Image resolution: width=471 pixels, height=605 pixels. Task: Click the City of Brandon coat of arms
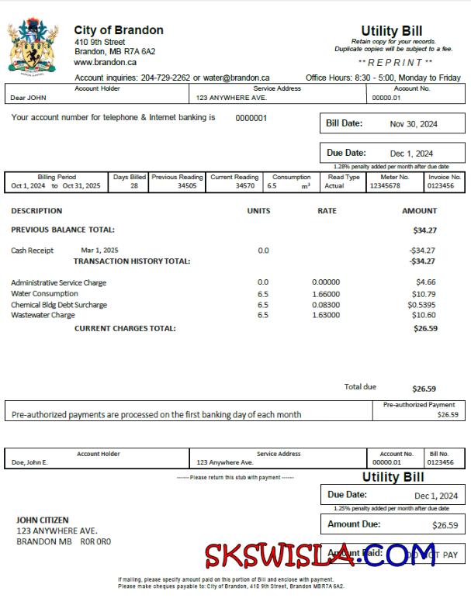pyautogui.click(x=33, y=47)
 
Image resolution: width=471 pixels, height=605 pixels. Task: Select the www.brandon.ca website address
pyautogui.click(x=106, y=62)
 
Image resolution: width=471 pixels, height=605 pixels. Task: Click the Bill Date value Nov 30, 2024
pyautogui.click(x=414, y=124)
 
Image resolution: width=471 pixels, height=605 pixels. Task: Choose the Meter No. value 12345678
pyautogui.click(x=385, y=186)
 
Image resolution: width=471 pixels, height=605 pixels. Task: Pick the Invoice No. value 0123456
pyautogui.click(x=445, y=186)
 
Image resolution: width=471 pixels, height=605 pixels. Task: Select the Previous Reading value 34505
pyautogui.click(x=187, y=186)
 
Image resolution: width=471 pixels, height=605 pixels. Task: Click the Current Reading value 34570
pyautogui.click(x=244, y=186)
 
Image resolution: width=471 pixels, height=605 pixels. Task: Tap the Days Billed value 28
pyautogui.click(x=133, y=186)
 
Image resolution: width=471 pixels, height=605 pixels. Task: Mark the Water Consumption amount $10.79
pyautogui.click(x=424, y=294)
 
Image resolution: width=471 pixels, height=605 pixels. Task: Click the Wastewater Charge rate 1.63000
pyautogui.click(x=325, y=316)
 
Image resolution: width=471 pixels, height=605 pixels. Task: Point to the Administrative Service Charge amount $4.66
pyautogui.click(x=426, y=282)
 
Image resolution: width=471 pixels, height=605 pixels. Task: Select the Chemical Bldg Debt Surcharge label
pyautogui.click(x=59, y=305)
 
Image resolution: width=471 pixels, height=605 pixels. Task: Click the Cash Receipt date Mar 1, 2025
pyautogui.click(x=99, y=251)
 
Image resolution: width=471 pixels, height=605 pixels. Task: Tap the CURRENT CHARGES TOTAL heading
pyautogui.click(x=125, y=328)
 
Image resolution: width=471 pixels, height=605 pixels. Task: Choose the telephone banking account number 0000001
pyautogui.click(x=251, y=119)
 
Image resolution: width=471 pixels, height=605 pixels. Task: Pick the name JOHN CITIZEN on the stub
pyautogui.click(x=43, y=520)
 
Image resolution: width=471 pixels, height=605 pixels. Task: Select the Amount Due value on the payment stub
pyautogui.click(x=445, y=526)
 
